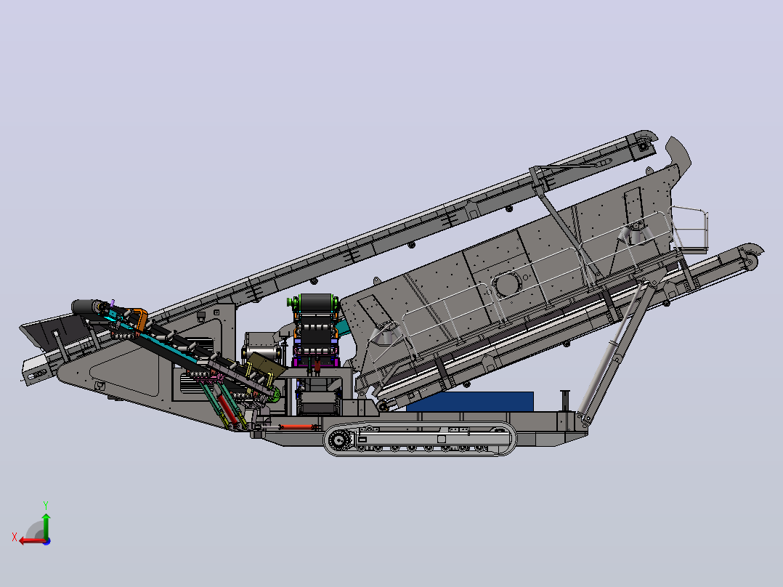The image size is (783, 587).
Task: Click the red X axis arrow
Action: coord(33,541)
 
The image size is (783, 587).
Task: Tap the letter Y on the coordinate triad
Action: coord(46,505)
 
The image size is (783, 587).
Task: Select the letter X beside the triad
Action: coord(15,537)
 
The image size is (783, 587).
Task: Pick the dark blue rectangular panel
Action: coord(470,402)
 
